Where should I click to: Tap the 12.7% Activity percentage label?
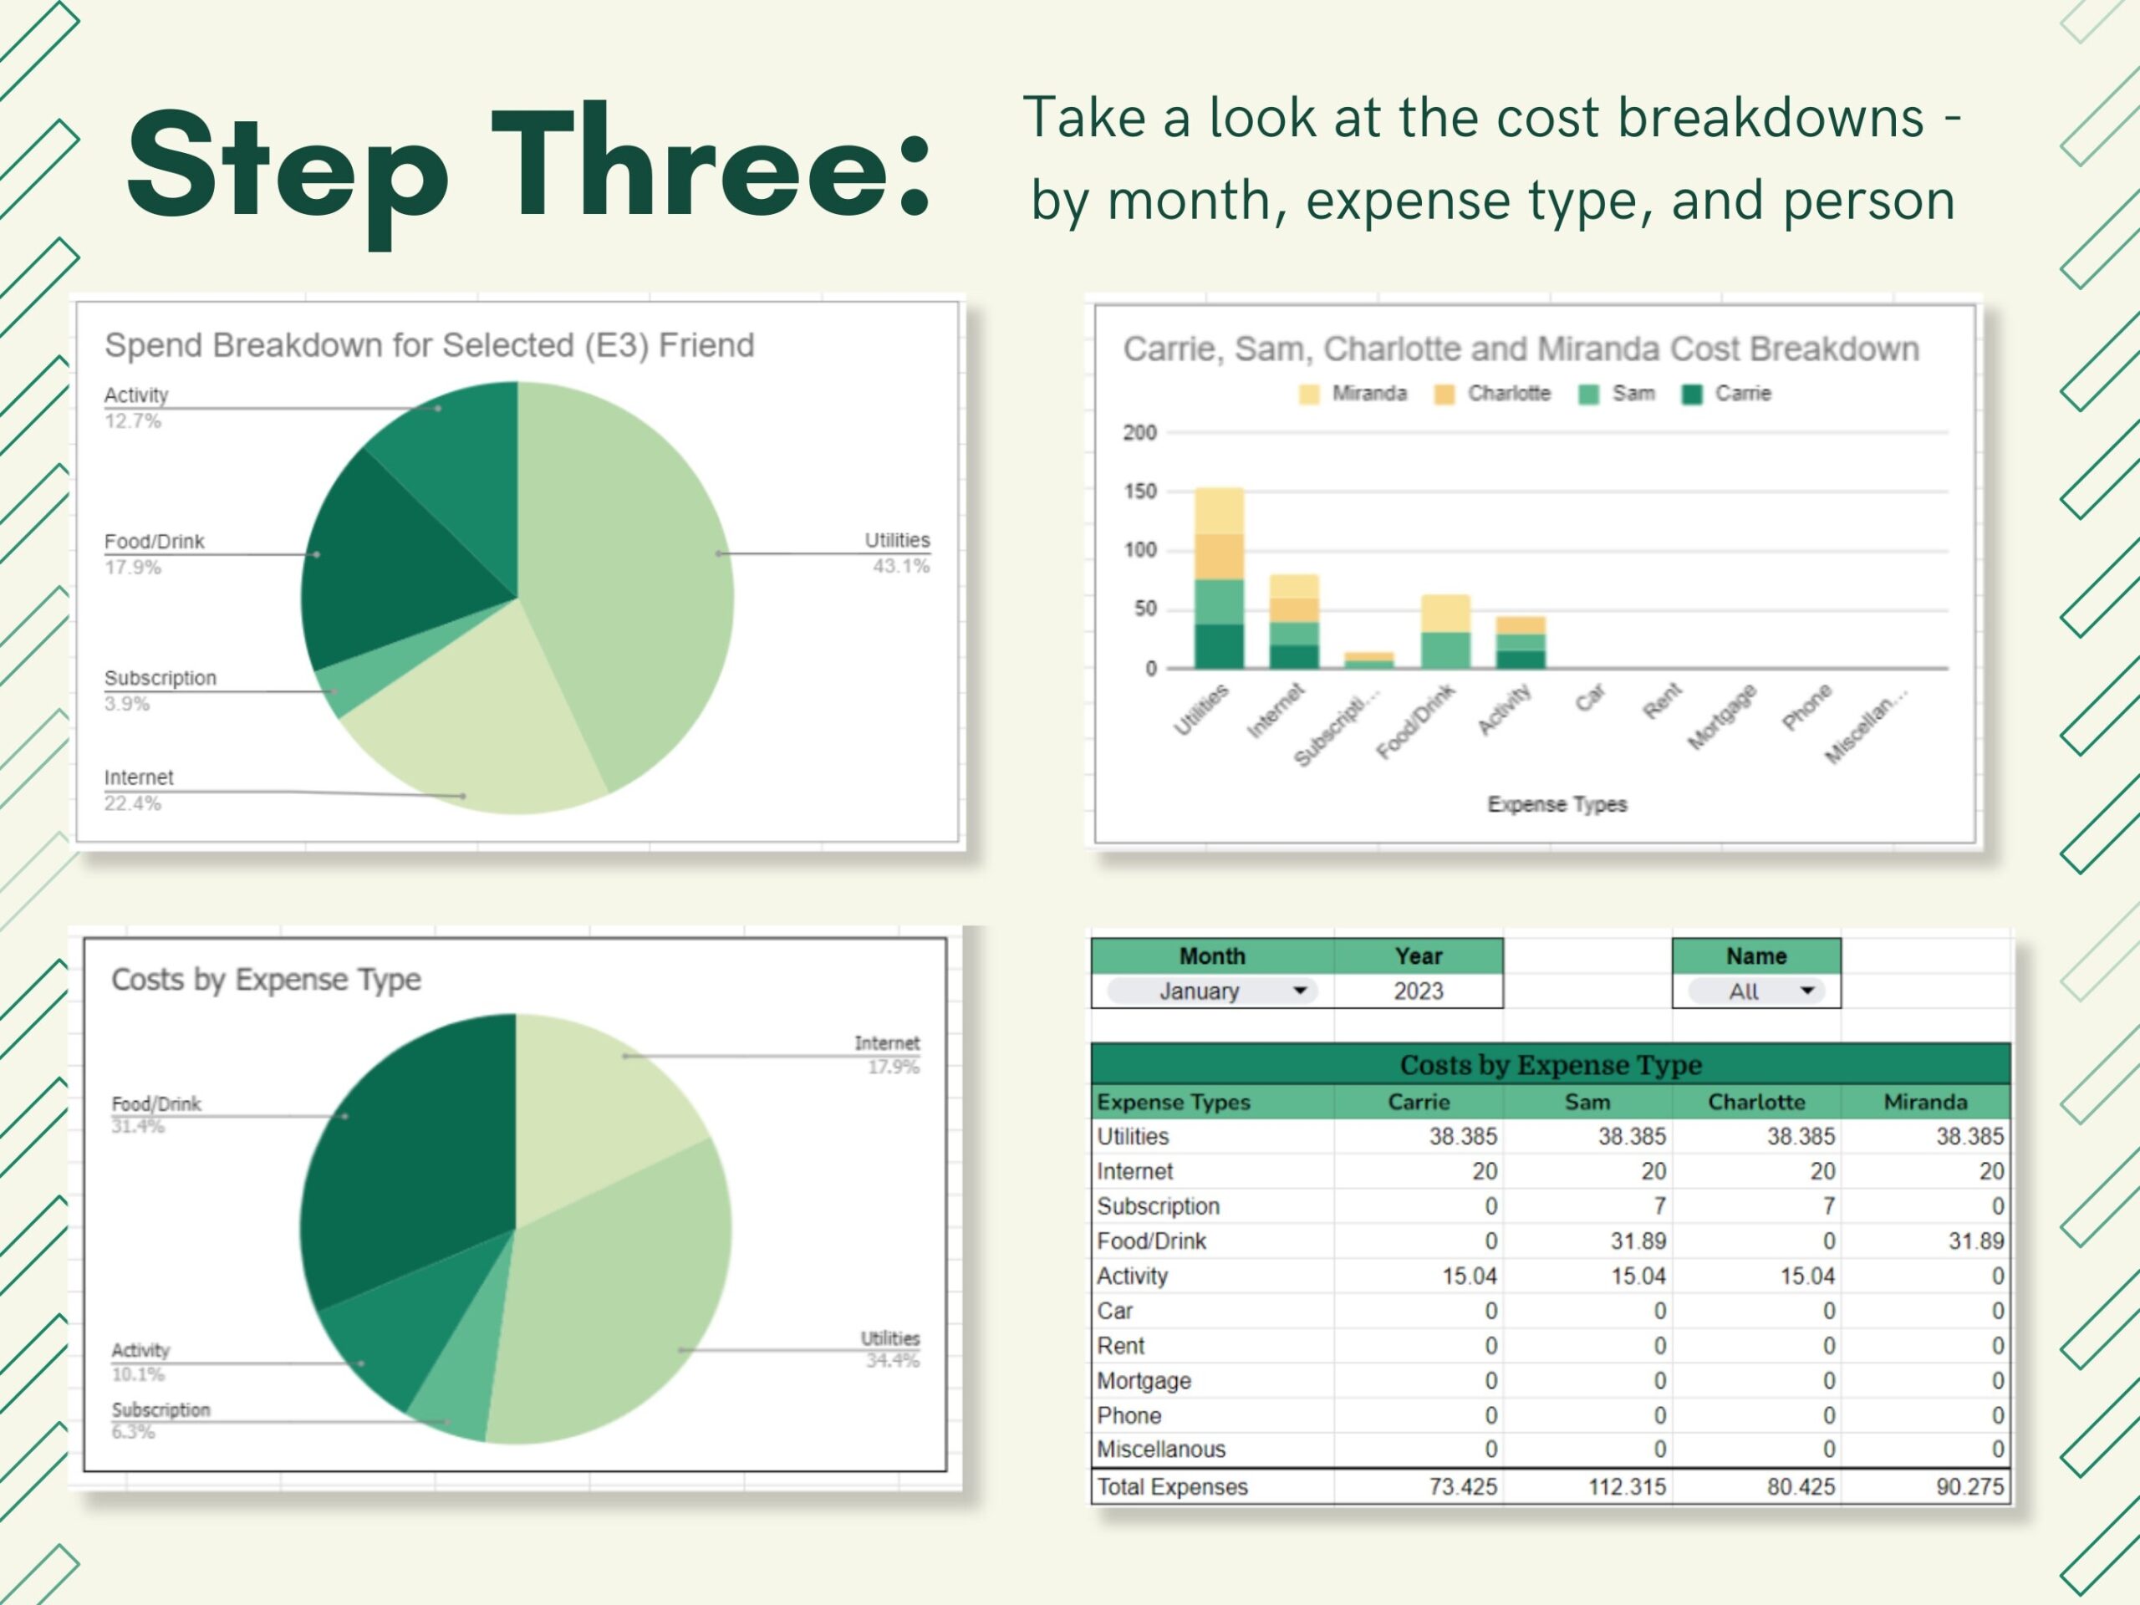133,420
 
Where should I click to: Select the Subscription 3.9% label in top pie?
160,690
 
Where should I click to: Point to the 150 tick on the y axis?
1139,492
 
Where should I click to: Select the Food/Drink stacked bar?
1445,631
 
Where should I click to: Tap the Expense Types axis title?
1557,804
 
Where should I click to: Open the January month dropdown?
1212,991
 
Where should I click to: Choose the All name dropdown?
1756,991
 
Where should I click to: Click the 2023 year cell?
1419,991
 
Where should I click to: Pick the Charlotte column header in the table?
1756,1102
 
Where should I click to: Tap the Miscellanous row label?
1161,1450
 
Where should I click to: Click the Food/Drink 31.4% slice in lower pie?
406,1161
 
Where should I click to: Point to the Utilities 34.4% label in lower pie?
891,1348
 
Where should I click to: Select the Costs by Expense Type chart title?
266,979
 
